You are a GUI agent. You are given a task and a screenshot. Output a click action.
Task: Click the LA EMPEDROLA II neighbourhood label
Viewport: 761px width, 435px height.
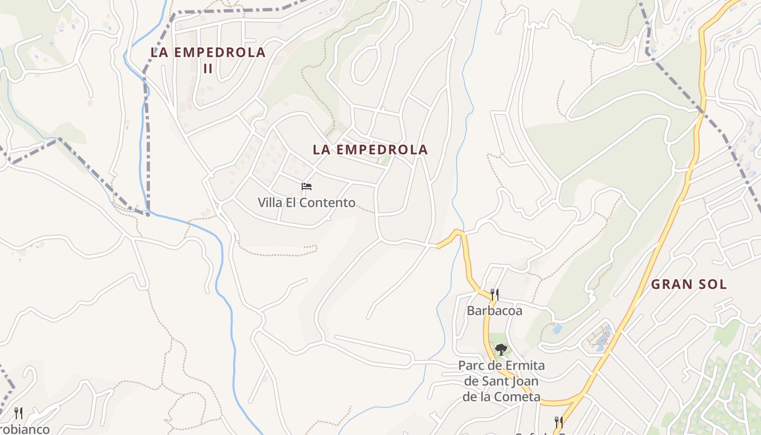pyautogui.click(x=208, y=60)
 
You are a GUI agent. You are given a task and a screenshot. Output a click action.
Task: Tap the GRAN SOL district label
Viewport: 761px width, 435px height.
pyautogui.click(x=689, y=284)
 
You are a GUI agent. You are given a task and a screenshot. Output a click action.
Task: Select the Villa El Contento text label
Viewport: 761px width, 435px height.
pyautogui.click(x=307, y=203)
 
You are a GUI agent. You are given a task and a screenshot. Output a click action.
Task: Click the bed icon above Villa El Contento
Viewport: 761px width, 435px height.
pyautogui.click(x=307, y=187)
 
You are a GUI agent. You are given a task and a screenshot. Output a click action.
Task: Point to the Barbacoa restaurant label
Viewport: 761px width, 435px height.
pyautogui.click(x=494, y=310)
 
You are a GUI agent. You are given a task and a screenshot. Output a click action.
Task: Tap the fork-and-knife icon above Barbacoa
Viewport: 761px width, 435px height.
pyautogui.click(x=494, y=295)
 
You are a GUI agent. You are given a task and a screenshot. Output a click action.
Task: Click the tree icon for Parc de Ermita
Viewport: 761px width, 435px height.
pyautogui.click(x=501, y=349)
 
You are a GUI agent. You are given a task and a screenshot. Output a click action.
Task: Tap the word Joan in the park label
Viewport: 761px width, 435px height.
pyautogui.click(x=526, y=381)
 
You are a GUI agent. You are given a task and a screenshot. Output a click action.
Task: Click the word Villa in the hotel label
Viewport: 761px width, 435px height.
pyautogui.click(x=270, y=203)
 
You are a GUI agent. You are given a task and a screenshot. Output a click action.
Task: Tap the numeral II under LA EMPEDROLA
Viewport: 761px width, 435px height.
pyautogui.click(x=208, y=69)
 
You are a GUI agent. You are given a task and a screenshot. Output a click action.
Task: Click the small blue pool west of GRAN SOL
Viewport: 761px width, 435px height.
pyautogui.click(x=557, y=329)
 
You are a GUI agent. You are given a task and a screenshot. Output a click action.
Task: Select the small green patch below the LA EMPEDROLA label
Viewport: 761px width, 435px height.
pyautogui.click(x=385, y=160)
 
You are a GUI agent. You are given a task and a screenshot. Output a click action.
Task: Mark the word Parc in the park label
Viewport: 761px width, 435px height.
pyautogui.click(x=472, y=365)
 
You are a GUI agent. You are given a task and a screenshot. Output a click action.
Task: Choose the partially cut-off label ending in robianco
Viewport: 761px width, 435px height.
pyautogui.click(x=24, y=430)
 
